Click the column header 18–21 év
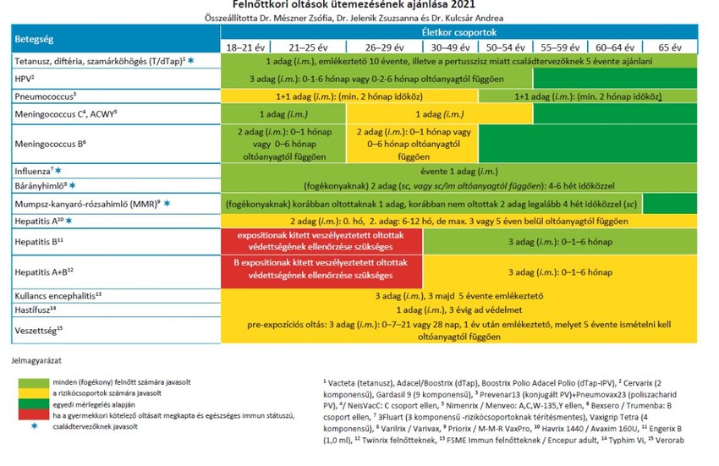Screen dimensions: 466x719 pyautogui.click(x=241, y=47)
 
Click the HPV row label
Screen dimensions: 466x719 pyautogui.click(x=25, y=78)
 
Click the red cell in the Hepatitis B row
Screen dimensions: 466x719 pyautogui.click(x=320, y=241)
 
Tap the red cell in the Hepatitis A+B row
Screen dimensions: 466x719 pyautogui.click(x=320, y=271)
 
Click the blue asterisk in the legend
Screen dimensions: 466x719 pyautogui.click(x=35, y=425)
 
